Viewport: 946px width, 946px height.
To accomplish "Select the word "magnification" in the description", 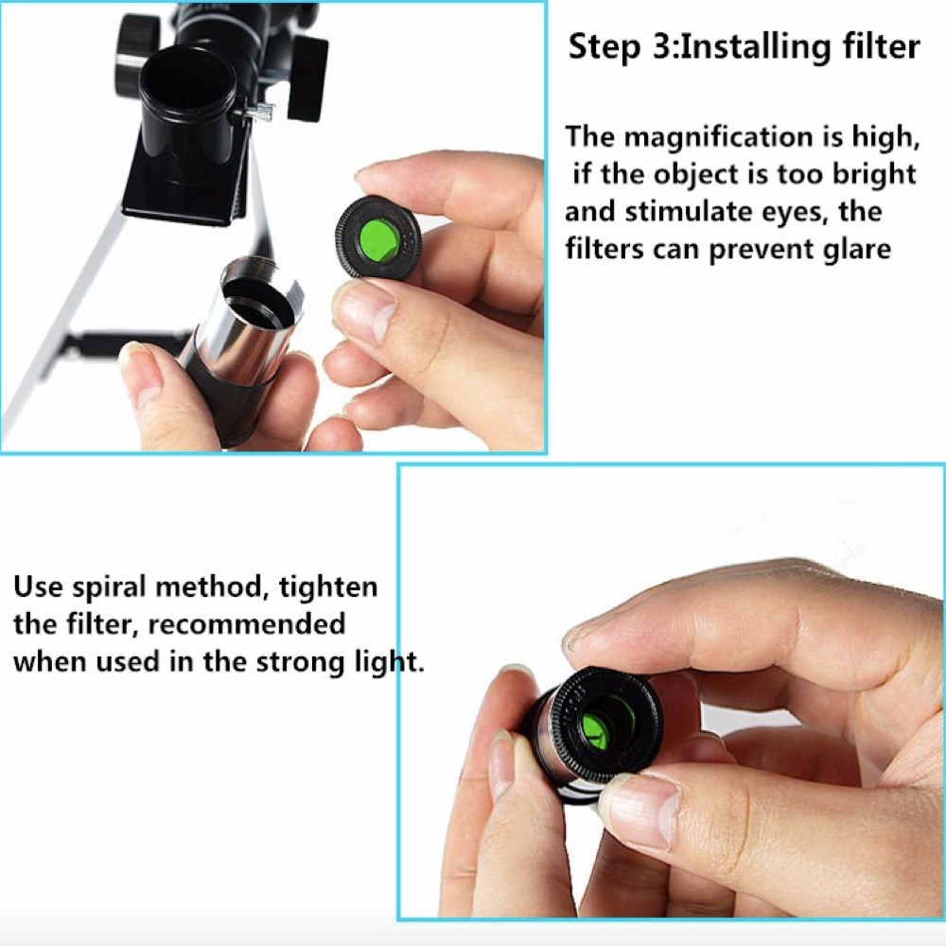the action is [719, 138].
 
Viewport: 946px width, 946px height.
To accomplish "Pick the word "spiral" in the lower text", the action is [109, 587].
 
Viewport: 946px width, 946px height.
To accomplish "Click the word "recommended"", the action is [247, 624].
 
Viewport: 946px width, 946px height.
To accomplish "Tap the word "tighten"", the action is [328, 587].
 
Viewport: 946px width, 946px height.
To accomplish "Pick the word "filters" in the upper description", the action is [604, 249].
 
